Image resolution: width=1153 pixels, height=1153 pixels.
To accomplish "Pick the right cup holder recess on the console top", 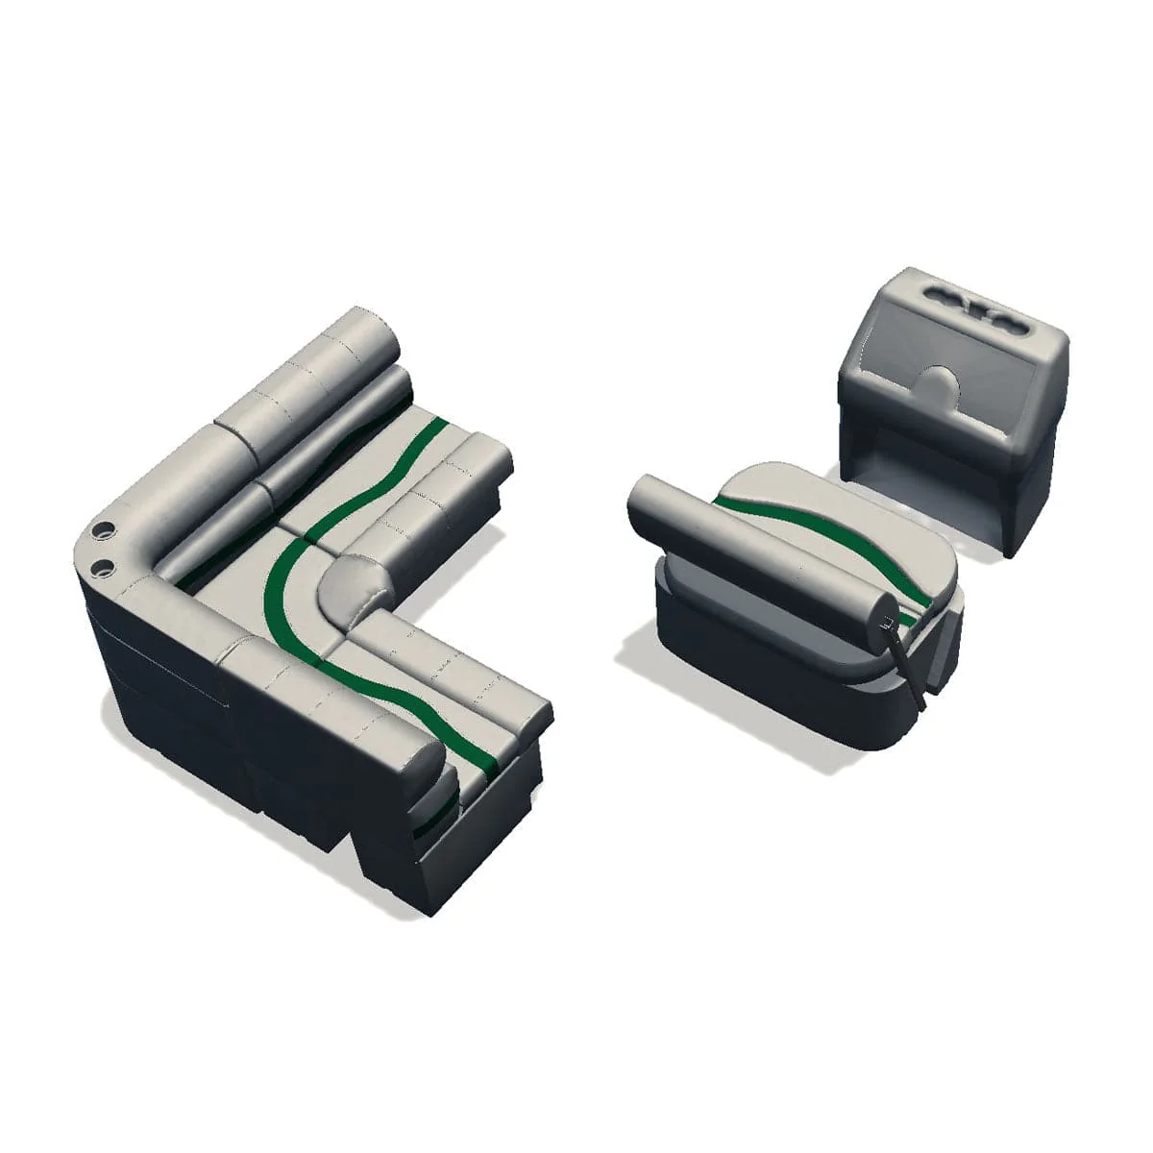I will pos(1008,322).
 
